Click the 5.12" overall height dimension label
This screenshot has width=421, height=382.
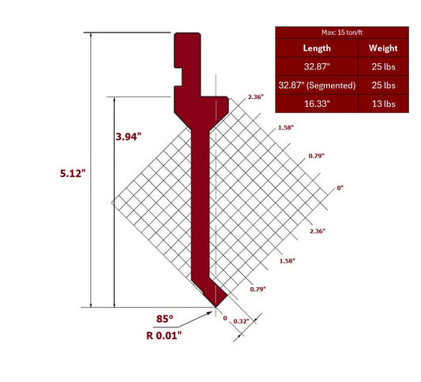(73, 173)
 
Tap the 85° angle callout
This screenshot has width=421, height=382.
(164, 320)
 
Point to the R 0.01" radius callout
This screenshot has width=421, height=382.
(168, 335)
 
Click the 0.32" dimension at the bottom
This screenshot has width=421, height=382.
(242, 320)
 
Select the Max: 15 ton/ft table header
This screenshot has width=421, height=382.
(342, 32)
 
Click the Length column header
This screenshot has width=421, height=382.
(317, 47)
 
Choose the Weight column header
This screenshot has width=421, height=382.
(383, 47)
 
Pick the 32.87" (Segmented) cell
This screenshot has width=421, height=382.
(317, 85)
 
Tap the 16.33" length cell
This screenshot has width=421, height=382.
(317, 103)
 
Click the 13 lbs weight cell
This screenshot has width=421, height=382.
(383, 103)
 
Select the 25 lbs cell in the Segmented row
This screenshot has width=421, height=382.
(383, 85)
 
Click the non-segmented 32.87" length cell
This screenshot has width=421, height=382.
(317, 66)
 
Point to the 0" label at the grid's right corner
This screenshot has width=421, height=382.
(340, 188)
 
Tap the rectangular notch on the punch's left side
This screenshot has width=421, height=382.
(183, 77)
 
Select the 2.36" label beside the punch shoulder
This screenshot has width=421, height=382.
(255, 96)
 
